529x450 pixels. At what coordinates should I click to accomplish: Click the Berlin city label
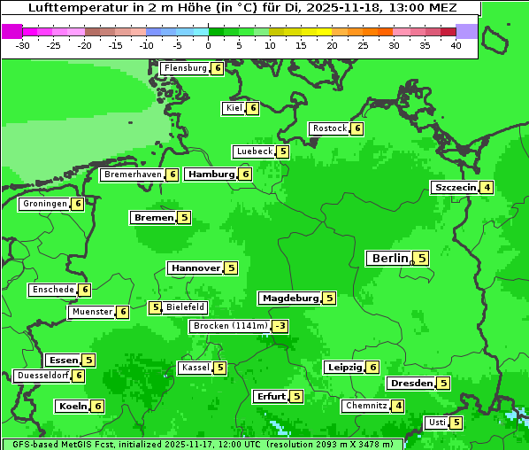click(x=389, y=259)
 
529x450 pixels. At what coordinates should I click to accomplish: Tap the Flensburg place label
click(x=185, y=68)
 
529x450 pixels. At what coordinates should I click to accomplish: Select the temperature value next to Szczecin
click(x=487, y=188)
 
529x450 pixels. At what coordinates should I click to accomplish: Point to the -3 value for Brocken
click(x=280, y=326)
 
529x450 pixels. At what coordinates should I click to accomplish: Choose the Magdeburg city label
click(x=289, y=299)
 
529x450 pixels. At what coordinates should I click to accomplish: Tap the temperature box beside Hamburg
click(x=245, y=175)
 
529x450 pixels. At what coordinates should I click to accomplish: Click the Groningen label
click(x=44, y=204)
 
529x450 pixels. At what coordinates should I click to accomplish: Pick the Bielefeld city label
click(x=185, y=307)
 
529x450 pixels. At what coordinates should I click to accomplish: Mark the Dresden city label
click(x=410, y=384)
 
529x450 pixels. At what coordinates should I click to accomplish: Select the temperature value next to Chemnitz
click(x=398, y=406)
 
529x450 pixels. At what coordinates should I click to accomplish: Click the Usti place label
click(x=436, y=423)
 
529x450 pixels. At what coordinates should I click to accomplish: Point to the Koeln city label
click(x=72, y=407)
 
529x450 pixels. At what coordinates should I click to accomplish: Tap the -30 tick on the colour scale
click(x=23, y=44)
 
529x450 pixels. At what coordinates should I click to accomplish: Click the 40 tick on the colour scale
click(x=456, y=44)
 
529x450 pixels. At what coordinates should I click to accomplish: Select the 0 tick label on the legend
click(x=209, y=44)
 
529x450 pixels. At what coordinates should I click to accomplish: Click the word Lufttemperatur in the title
click(x=70, y=8)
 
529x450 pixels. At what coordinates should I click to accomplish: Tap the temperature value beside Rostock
click(x=356, y=128)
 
